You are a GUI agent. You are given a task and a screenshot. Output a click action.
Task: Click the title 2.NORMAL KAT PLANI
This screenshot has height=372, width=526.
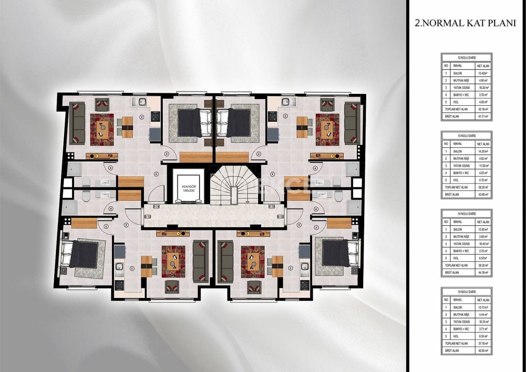point(465,23)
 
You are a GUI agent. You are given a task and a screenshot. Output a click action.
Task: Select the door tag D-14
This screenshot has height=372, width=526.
point(156,207)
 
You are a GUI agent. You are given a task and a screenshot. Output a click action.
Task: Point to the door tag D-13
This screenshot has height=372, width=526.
point(148,216)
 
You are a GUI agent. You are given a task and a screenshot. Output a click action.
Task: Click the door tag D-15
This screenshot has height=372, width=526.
point(271,207)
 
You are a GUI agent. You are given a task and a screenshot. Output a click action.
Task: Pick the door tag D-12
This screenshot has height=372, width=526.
point(280,216)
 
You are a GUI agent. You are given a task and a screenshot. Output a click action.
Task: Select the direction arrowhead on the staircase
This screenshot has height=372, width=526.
point(247,202)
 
